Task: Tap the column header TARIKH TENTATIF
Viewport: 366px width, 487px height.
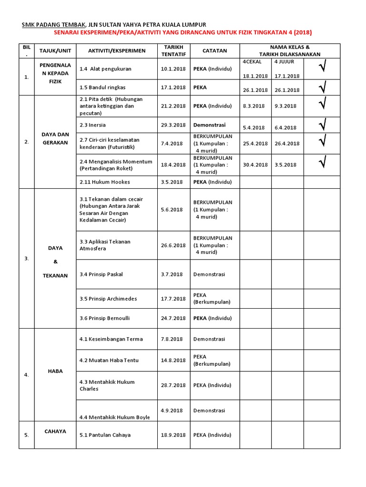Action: [x=173, y=50]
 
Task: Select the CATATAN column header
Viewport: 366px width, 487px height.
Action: [x=214, y=50]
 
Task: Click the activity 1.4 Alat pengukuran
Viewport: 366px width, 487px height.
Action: [x=105, y=69]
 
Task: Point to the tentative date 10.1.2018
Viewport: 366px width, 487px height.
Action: [x=173, y=69]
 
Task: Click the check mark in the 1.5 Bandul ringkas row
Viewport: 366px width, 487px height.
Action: [x=323, y=88]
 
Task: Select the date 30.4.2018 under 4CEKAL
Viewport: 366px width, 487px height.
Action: [x=255, y=165]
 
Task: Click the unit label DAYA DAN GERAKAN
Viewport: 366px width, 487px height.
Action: [x=55, y=138]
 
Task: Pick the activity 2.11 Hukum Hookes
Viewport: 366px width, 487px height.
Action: [x=104, y=182]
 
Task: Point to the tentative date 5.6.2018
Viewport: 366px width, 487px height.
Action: [x=172, y=210]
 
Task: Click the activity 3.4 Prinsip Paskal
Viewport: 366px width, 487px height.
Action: [x=102, y=274]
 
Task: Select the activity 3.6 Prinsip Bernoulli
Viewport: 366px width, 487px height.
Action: [x=104, y=318]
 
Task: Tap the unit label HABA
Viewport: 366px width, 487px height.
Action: [x=55, y=371]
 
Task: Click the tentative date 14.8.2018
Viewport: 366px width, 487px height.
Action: [x=173, y=360]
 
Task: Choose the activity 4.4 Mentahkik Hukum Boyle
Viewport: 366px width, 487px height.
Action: [x=114, y=418]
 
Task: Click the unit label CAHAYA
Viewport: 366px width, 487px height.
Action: [x=55, y=431]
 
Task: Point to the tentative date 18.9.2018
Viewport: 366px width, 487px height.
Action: [x=173, y=435]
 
